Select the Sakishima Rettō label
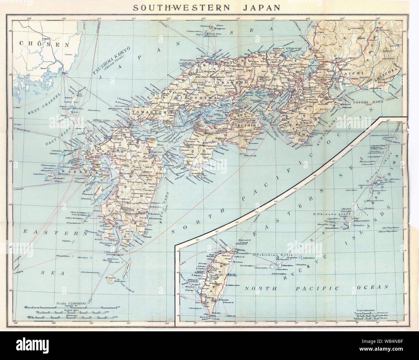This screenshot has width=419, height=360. click(270, 255)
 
